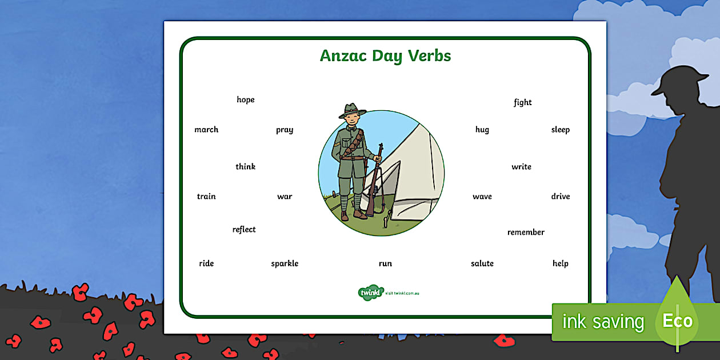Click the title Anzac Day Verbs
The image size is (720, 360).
pyautogui.click(x=385, y=56)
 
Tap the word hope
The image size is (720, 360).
pyautogui.click(x=246, y=100)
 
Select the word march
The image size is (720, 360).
pyautogui.click(x=206, y=130)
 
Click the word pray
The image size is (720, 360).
pyautogui.click(x=285, y=130)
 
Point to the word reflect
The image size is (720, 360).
pyautogui.click(x=244, y=230)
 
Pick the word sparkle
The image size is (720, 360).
pyautogui.click(x=285, y=263)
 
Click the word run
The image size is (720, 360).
pyautogui.click(x=385, y=263)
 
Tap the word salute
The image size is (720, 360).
pyautogui.click(x=482, y=263)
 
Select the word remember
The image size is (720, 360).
pyautogui.click(x=526, y=233)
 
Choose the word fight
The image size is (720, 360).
pyautogui.click(x=522, y=103)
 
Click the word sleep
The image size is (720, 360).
pyautogui.click(x=561, y=130)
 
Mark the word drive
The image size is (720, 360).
pyautogui.click(x=561, y=197)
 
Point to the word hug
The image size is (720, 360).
pyautogui.click(x=482, y=130)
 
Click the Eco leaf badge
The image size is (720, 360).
pyautogui.click(x=677, y=320)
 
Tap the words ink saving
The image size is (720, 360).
pyautogui.click(x=603, y=322)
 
